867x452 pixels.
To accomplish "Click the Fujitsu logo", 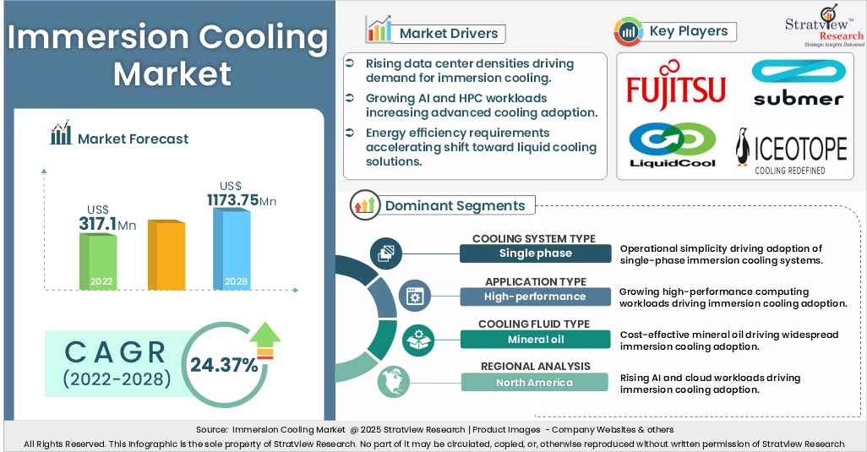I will (676, 84).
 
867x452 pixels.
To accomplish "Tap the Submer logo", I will (798, 84).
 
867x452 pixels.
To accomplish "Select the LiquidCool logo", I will (673, 145).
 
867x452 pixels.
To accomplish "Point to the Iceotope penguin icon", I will (742, 150).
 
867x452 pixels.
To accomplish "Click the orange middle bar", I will (166, 255).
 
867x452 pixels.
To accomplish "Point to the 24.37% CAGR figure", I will (224, 365).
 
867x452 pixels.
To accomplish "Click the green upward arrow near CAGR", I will (265, 338).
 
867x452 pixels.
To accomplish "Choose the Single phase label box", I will (535, 253).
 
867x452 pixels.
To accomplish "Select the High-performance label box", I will (535, 297).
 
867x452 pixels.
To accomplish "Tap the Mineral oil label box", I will (535, 340).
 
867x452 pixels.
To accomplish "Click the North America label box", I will (535, 383).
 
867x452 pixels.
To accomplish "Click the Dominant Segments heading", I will (455, 205).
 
